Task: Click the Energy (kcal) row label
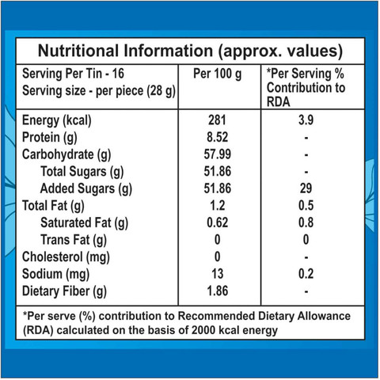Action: (57, 121)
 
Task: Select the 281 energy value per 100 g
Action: (217, 120)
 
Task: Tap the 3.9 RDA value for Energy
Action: (306, 120)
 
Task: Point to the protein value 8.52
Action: (217, 137)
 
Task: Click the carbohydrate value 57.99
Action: (217, 154)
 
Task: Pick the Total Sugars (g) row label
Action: (82, 172)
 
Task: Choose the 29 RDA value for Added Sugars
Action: (306, 188)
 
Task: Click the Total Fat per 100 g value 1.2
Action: (217, 205)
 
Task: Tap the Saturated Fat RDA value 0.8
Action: (306, 222)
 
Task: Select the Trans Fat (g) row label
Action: (74, 240)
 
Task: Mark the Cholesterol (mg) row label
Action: (66, 257)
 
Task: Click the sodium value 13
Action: (217, 274)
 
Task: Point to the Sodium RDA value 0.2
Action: (306, 274)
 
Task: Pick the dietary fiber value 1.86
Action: (217, 291)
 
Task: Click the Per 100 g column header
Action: (217, 74)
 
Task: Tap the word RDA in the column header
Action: (278, 102)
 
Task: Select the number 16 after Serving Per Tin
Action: (118, 74)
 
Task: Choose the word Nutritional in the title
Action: (78, 51)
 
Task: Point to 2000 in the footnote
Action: (203, 330)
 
